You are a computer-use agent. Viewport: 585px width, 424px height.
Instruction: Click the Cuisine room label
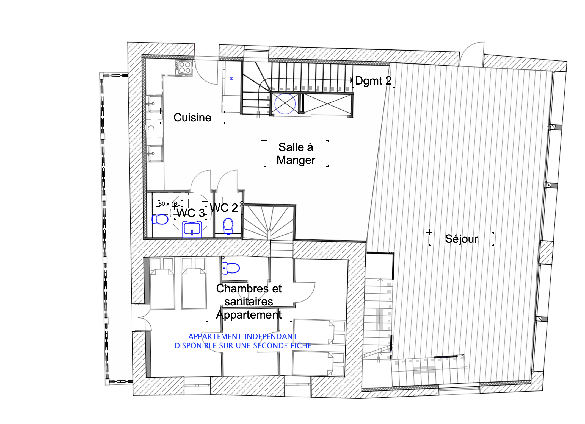pyautogui.click(x=192, y=118)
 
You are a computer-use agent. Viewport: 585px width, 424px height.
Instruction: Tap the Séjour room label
pyautogui.click(x=462, y=239)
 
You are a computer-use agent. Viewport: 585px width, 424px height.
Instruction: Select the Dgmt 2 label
pyautogui.click(x=373, y=81)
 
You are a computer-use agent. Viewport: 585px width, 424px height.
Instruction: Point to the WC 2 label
pyautogui.click(x=224, y=208)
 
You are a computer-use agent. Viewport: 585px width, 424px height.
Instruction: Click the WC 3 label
pyautogui.click(x=191, y=213)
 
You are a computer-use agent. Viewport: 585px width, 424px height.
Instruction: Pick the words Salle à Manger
pyautogui.click(x=296, y=154)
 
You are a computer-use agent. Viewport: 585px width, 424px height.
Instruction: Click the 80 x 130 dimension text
pyautogui.click(x=170, y=204)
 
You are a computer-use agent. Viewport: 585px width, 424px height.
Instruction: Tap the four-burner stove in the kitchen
pyautogui.click(x=184, y=68)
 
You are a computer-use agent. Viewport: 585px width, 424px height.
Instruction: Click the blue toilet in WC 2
pyautogui.click(x=228, y=226)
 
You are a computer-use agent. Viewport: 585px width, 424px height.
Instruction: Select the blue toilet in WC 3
pyautogui.click(x=160, y=219)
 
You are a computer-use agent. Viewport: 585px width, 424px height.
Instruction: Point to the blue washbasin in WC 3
pyautogui.click(x=192, y=229)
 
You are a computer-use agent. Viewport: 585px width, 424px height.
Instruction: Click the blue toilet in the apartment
pyautogui.click(x=231, y=268)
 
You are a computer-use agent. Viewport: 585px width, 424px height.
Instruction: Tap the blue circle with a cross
pyautogui.click(x=285, y=104)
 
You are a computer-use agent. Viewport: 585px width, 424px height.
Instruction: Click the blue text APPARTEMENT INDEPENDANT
pyautogui.click(x=243, y=337)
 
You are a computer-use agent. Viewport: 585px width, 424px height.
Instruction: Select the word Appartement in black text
pyautogui.click(x=249, y=315)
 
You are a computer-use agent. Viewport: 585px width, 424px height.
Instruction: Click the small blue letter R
pyautogui.click(x=232, y=79)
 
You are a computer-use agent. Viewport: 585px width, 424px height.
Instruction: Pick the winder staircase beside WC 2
pyautogui.click(x=269, y=222)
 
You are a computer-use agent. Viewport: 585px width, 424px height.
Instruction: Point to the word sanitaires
pyautogui.click(x=249, y=302)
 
